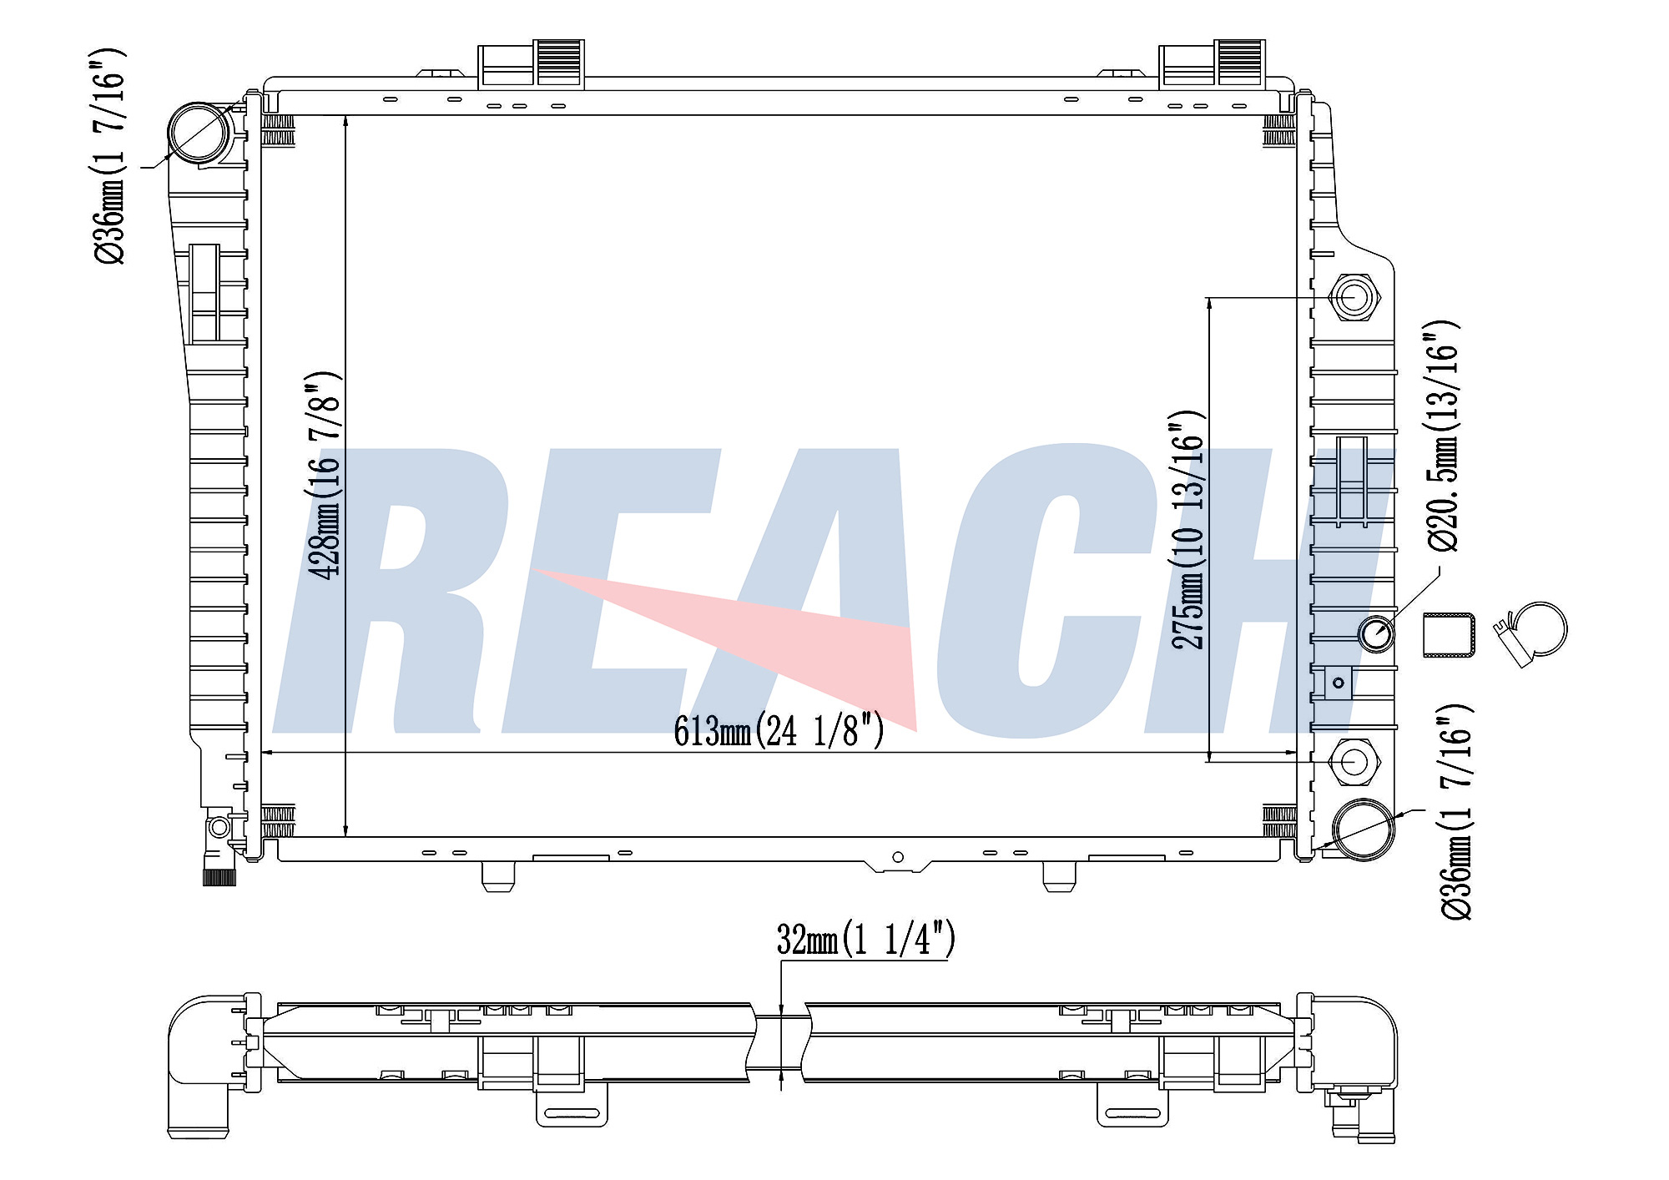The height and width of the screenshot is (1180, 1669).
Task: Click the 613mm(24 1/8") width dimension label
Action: pyautogui.click(x=779, y=731)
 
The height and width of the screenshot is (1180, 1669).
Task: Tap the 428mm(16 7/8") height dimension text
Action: pyautogui.click(x=325, y=476)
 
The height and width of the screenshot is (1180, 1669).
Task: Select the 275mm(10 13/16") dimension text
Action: pyautogui.click(x=1188, y=530)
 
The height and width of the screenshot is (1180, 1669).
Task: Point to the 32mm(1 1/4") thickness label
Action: pyautogui.click(x=865, y=939)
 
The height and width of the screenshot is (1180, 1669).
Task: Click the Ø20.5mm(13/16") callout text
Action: pyautogui.click(x=1442, y=436)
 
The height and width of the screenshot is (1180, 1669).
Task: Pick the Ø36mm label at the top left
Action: pyautogui.click(x=109, y=156)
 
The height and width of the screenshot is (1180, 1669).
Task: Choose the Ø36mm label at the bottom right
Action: pyautogui.click(x=1456, y=811)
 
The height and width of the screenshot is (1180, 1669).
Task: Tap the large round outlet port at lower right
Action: pyautogui.click(x=1364, y=829)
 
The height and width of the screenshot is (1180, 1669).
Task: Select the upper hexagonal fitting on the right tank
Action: pyautogui.click(x=1353, y=297)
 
